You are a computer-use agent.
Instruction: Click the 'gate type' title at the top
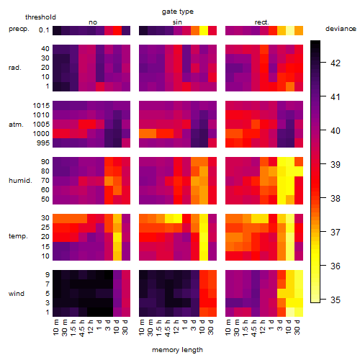click(178, 12)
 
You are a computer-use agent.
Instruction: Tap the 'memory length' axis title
click(177, 350)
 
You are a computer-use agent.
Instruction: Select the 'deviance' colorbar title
click(341, 29)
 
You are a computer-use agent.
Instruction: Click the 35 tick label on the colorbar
click(336, 300)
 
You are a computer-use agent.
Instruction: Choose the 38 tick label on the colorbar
click(336, 199)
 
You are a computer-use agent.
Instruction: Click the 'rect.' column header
click(262, 22)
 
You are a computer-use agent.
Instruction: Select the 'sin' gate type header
click(177, 22)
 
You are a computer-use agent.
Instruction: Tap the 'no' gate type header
click(93, 22)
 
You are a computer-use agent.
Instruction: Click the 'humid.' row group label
click(20, 181)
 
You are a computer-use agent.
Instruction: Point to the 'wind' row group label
click(17, 294)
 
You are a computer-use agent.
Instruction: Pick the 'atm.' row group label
click(16, 125)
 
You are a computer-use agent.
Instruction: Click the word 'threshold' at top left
click(40, 17)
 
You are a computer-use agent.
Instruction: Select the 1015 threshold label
click(41, 106)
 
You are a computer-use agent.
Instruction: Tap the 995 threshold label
click(43, 143)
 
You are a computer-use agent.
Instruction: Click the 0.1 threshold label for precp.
click(44, 30)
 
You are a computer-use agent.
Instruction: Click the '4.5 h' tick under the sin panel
click(168, 328)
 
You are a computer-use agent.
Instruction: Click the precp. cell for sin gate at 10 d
click(204, 30)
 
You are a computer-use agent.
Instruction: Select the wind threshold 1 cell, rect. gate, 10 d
click(290, 312)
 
